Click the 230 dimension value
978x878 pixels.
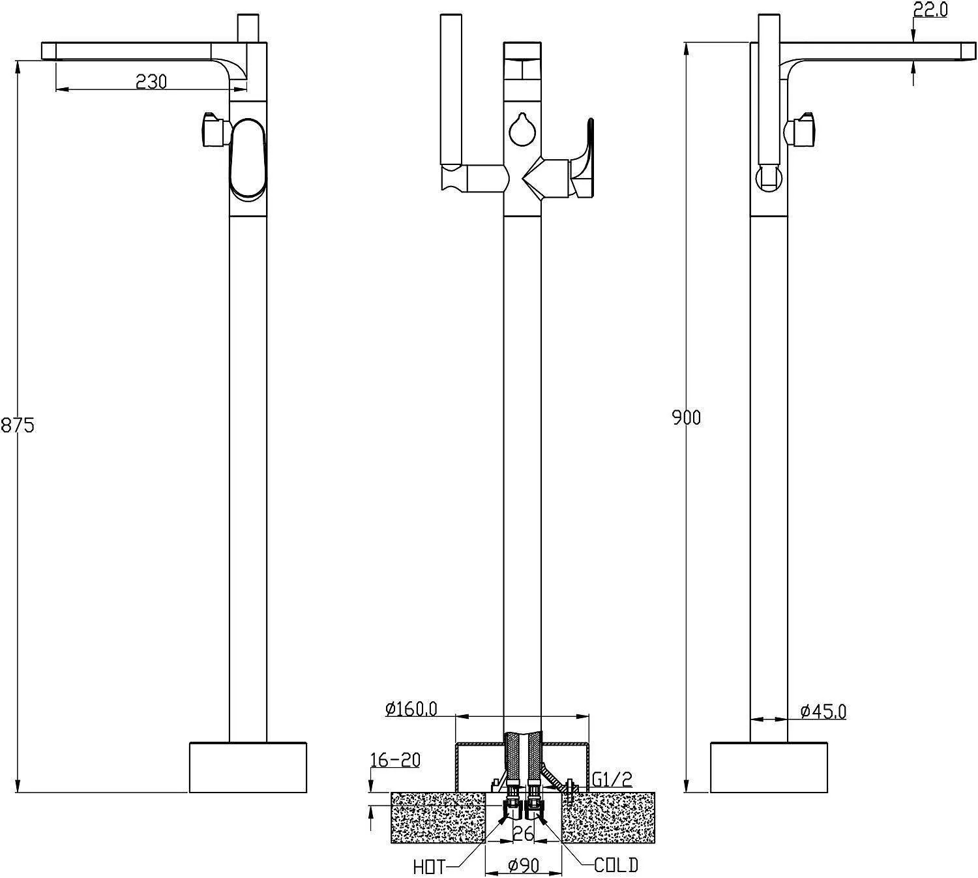[151, 82]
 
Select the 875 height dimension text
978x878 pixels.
[18, 425]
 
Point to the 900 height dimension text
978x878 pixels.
[686, 417]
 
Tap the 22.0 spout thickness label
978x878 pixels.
[930, 10]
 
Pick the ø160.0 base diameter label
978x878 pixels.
[411, 708]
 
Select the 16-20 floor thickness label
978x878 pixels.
[395, 760]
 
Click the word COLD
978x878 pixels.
[616, 865]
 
